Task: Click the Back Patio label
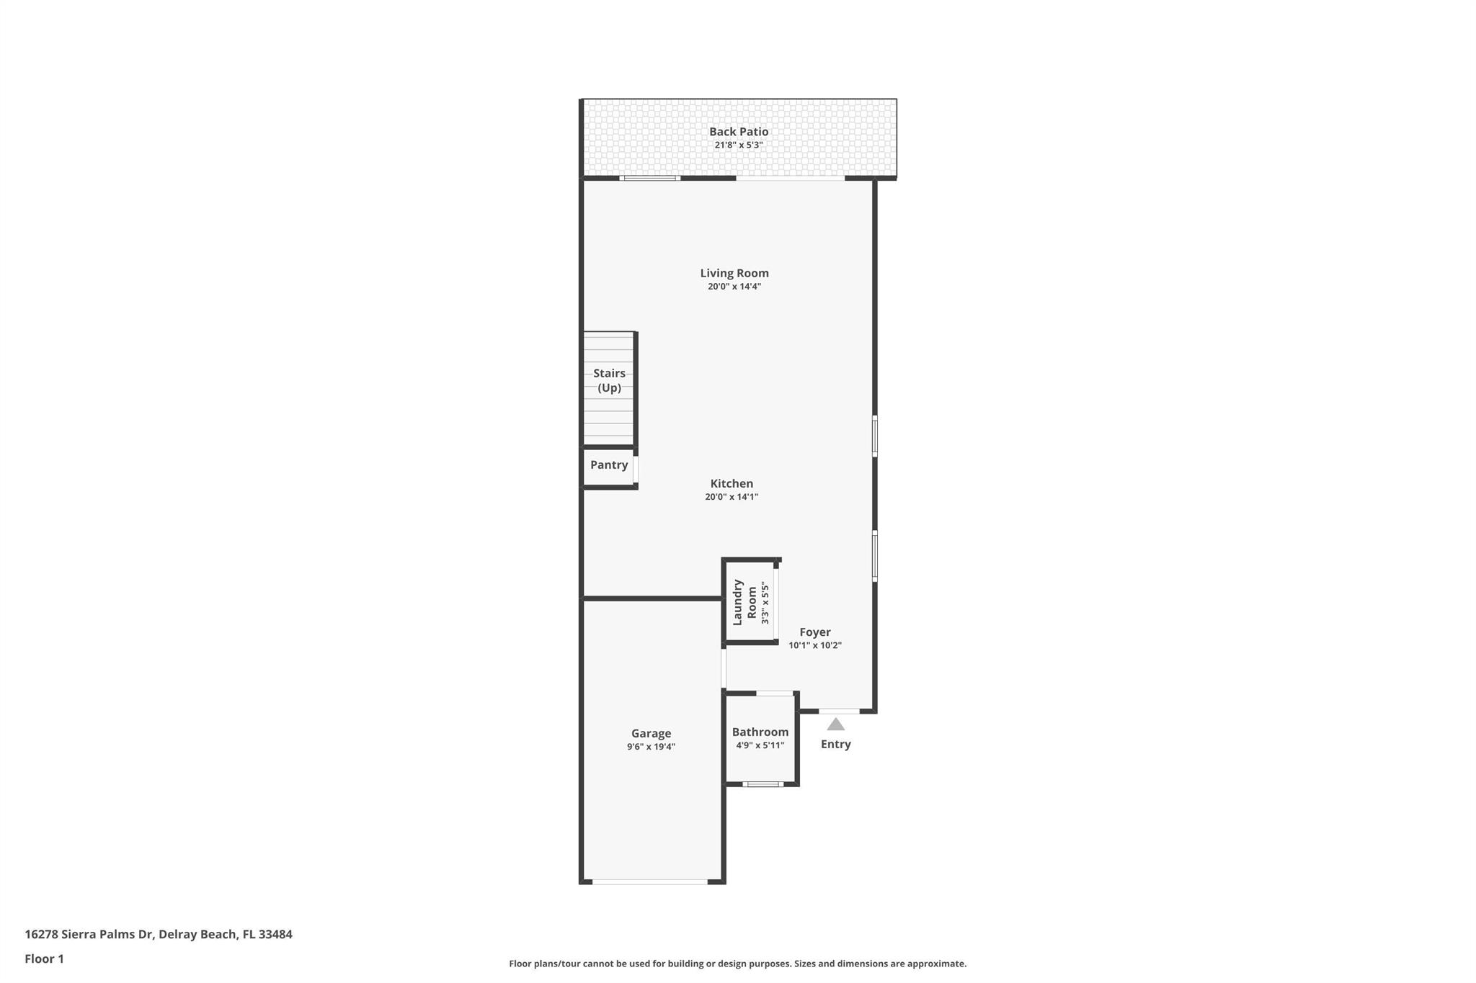pos(738,132)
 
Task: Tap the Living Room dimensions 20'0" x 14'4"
pos(734,287)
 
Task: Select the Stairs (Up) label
pos(609,380)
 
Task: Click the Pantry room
pos(609,465)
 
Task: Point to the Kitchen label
pos(732,484)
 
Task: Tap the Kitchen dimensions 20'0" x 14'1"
pos(732,497)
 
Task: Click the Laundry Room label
pos(744,602)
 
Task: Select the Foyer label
pos(814,632)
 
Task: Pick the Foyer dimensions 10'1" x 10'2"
pos(814,645)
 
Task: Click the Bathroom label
pos(760,732)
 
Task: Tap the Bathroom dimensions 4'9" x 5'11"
pos(760,745)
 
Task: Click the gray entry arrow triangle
pos(835,724)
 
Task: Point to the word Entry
pos(835,745)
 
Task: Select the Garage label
pos(651,734)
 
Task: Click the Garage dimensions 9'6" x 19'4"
pos(651,747)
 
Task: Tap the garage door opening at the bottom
pos(650,881)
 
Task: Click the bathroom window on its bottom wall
pos(762,784)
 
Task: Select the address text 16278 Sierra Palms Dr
pos(89,935)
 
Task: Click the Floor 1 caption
pos(44,959)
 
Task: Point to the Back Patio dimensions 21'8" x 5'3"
pos(738,145)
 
